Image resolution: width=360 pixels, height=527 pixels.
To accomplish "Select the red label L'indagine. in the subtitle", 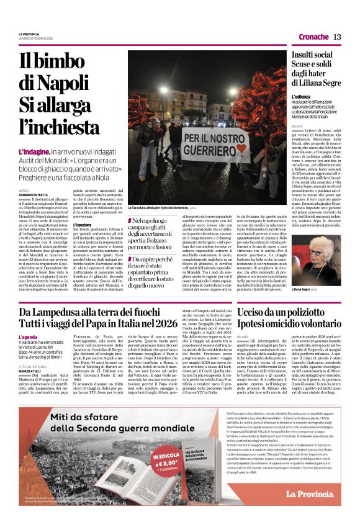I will click(34, 151).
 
